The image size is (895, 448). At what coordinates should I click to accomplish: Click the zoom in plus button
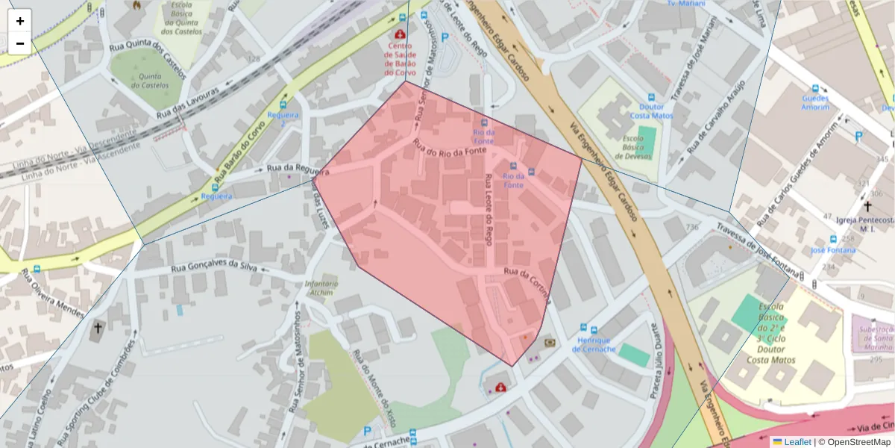(x=20, y=21)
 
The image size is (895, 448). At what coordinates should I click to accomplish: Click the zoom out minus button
(x=20, y=43)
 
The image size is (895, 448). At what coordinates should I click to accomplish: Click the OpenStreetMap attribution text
(x=854, y=442)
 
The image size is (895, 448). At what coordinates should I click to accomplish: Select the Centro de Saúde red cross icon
(x=401, y=34)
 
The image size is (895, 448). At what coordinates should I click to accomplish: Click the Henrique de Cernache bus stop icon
(x=593, y=329)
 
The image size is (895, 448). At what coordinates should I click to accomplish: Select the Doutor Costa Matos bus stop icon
(x=651, y=97)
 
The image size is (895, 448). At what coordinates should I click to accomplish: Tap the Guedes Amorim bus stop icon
(x=814, y=88)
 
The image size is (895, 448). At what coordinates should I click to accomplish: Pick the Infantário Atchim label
(x=321, y=288)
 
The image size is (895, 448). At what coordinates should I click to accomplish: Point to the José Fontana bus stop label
(x=833, y=250)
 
